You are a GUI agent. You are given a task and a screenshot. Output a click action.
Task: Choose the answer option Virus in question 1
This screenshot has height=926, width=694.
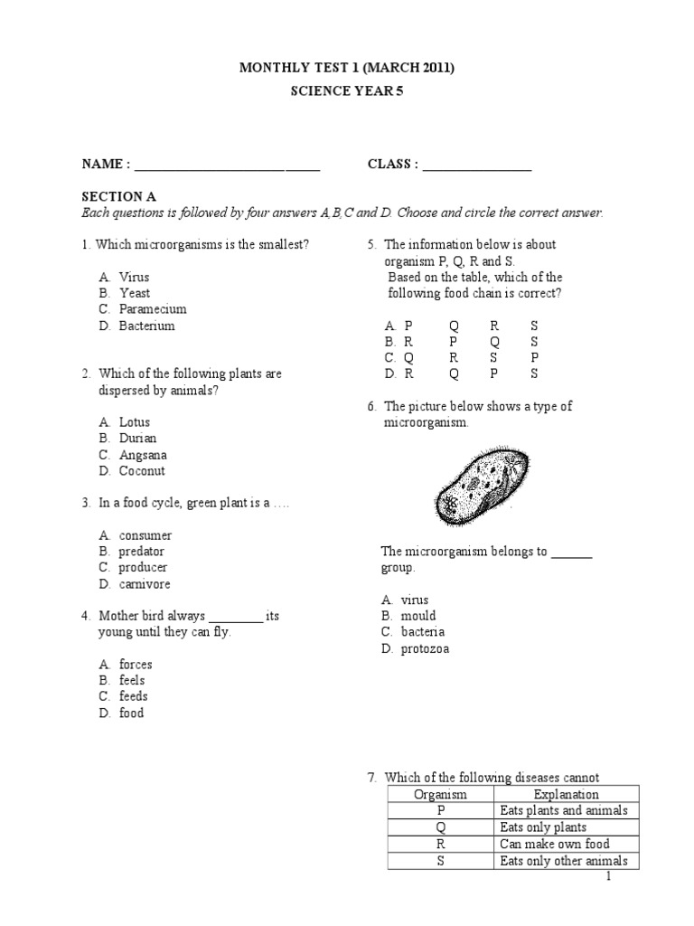(134, 277)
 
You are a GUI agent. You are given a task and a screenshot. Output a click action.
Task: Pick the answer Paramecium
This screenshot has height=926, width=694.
(153, 309)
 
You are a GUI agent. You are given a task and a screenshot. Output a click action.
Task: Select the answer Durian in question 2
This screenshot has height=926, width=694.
(137, 439)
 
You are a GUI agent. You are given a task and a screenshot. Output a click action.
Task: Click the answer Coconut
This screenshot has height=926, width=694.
(142, 471)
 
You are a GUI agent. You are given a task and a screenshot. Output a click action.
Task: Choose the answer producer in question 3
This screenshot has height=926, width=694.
(143, 568)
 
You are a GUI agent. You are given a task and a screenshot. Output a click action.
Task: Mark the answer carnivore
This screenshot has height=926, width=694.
(145, 584)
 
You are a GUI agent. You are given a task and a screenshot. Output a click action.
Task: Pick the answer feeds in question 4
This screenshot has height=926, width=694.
(133, 696)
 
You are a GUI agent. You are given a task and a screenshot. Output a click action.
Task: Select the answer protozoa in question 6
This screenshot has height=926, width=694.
(424, 648)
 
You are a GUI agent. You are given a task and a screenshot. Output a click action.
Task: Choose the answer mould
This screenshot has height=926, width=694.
(418, 616)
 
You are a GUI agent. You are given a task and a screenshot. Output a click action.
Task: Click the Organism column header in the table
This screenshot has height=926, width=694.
(440, 795)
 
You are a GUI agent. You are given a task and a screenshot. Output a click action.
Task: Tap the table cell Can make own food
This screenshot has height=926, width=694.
(556, 844)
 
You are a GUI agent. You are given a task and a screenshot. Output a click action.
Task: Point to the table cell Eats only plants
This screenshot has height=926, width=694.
(543, 827)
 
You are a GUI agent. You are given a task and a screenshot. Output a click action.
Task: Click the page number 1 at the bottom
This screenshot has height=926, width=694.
(609, 877)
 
